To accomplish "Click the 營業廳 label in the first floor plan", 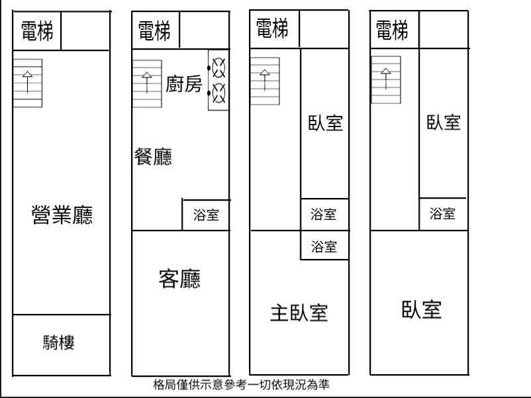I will click(62, 215).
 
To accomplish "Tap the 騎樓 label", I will click(59, 342).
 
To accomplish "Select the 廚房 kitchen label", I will click(183, 84).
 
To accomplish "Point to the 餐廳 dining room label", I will click(153, 157).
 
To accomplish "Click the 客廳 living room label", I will click(179, 279).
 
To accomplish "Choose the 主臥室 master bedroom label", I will click(299, 313).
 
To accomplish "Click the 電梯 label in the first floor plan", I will click(37, 30).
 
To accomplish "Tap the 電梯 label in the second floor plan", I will click(154, 30).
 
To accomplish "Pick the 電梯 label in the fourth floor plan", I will click(392, 30).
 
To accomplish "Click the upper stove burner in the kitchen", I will click(218, 66).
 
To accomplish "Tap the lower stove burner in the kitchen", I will click(218, 93).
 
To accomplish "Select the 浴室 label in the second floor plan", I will click(206, 215).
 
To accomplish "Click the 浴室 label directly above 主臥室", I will click(324, 247).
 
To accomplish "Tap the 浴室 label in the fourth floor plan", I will click(442, 213).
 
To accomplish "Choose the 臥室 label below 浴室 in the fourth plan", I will click(422, 310).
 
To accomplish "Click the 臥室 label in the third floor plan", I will click(325, 123).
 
